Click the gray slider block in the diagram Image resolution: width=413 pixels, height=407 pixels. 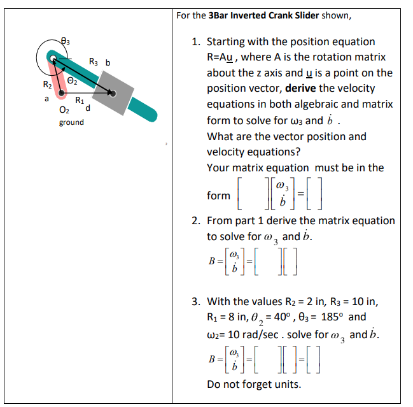(113, 93)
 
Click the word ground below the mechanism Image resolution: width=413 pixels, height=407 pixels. (71, 122)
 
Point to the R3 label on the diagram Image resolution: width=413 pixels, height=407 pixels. (94, 62)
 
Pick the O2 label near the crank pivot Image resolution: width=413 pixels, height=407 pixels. (64, 111)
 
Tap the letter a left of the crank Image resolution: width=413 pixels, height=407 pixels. (46, 99)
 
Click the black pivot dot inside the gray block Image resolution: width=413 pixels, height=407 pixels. (113, 93)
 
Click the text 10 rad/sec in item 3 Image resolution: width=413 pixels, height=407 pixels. (253, 332)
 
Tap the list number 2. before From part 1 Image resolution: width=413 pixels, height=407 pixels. (196, 220)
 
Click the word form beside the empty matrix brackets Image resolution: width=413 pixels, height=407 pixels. (219, 196)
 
